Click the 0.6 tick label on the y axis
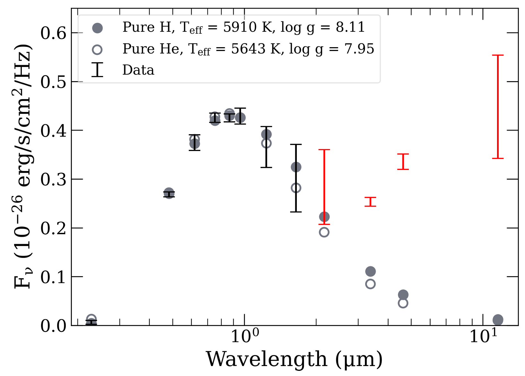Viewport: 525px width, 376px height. point(53,33)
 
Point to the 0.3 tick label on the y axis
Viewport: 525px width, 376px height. point(53,179)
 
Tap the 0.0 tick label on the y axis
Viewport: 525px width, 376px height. point(53,326)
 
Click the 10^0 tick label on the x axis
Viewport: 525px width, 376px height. point(245,336)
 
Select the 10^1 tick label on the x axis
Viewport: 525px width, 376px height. point(483,336)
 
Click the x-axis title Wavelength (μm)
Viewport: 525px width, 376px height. point(294,359)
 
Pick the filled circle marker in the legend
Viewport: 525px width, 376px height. point(97,28)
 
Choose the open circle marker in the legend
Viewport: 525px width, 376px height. point(97,50)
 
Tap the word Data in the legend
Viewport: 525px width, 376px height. point(138,70)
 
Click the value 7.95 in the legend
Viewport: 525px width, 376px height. point(359,49)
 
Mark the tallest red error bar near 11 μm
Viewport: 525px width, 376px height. point(498,107)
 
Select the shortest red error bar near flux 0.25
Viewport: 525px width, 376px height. point(370,202)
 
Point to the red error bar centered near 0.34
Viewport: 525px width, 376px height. point(403,162)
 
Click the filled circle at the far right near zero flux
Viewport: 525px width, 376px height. point(498,320)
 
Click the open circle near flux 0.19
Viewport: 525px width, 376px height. point(324,232)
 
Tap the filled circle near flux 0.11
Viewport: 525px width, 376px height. point(370,271)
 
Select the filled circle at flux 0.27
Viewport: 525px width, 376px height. point(169,193)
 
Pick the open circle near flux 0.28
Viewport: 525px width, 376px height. point(296,188)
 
